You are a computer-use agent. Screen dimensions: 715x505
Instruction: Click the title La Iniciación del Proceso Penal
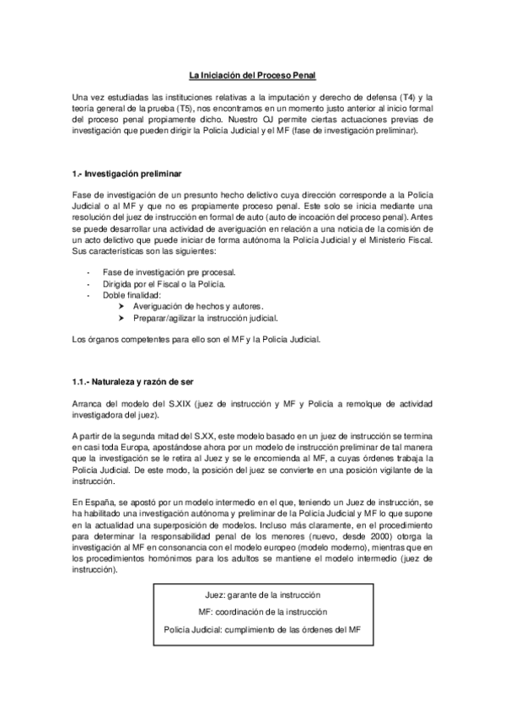(x=252, y=77)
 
